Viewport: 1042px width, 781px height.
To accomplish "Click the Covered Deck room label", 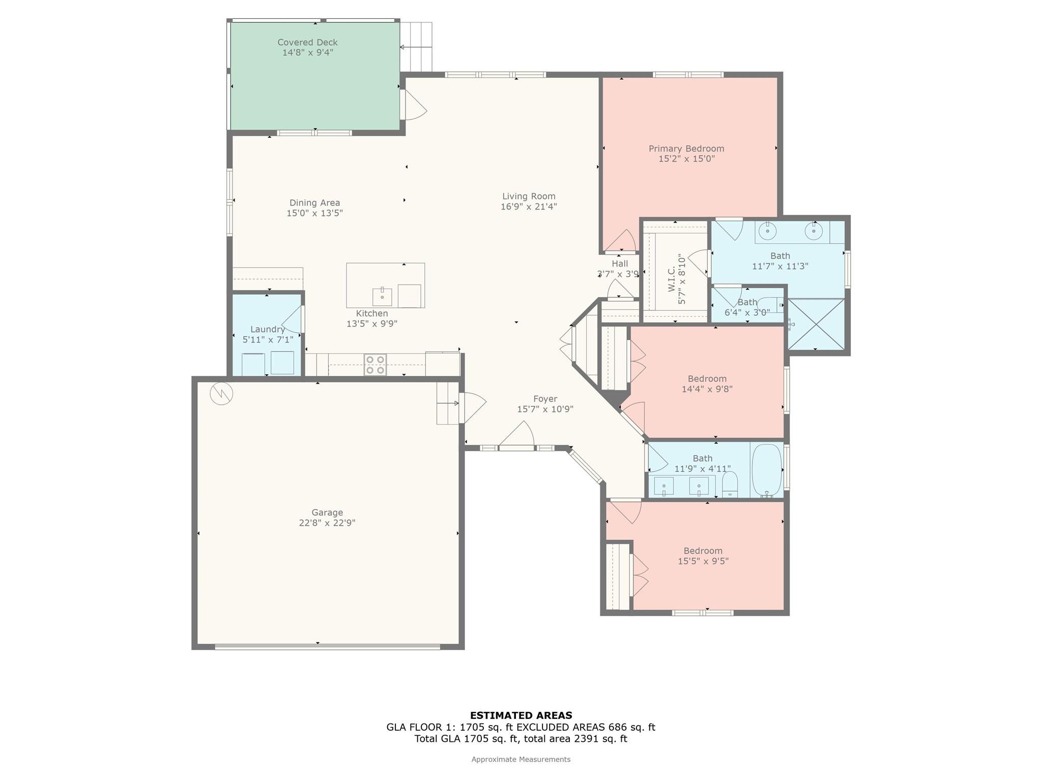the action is [x=307, y=42].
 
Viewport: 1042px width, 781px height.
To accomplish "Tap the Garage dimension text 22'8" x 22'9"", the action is [x=327, y=523].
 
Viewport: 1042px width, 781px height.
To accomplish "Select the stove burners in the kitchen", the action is [x=375, y=365].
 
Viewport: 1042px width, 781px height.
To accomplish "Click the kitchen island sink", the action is [x=382, y=296].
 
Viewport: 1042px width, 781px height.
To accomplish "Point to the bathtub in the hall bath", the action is [x=767, y=470].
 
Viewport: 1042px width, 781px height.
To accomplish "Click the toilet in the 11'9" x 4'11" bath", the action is [x=730, y=485].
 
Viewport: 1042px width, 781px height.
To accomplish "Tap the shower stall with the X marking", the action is [x=816, y=324].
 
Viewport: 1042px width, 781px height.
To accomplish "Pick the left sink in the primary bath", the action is [x=767, y=231].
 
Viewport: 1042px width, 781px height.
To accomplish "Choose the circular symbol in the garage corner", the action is [x=221, y=393].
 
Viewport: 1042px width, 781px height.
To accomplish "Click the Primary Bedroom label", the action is [x=686, y=148].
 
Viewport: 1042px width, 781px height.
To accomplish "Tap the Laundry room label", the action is [x=268, y=329].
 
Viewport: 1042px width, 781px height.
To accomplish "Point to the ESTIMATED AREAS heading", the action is [x=521, y=715].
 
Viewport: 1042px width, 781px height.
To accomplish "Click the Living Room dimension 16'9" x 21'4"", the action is [x=529, y=206].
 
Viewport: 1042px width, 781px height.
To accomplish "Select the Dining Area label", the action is [x=314, y=203].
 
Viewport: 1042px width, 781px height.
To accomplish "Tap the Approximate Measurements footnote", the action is [x=521, y=760].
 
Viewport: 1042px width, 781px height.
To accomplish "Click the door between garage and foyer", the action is [x=472, y=408].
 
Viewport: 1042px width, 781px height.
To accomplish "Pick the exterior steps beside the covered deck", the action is [x=416, y=47].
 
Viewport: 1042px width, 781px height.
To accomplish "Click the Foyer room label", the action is [x=545, y=399].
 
